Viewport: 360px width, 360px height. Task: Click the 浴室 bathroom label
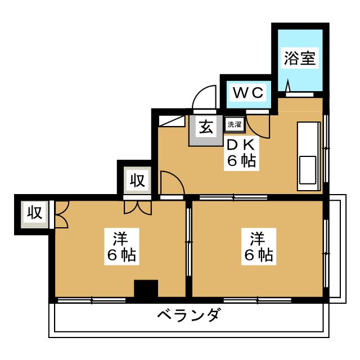299,57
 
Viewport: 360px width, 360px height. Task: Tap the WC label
249,93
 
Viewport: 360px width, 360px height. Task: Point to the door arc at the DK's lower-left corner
170,182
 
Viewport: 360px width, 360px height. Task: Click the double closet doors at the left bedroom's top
138,207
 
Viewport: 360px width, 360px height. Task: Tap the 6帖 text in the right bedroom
258,255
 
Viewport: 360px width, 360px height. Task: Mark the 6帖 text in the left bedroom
121,256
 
